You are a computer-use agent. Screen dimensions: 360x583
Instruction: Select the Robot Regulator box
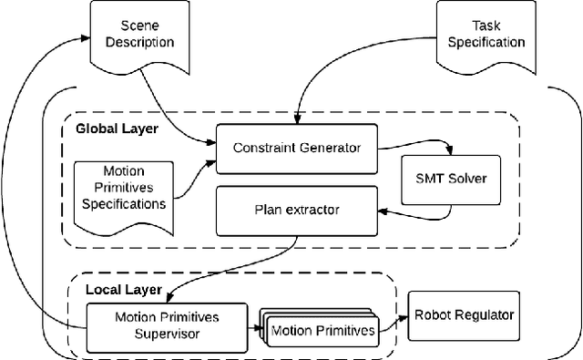[464, 315]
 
